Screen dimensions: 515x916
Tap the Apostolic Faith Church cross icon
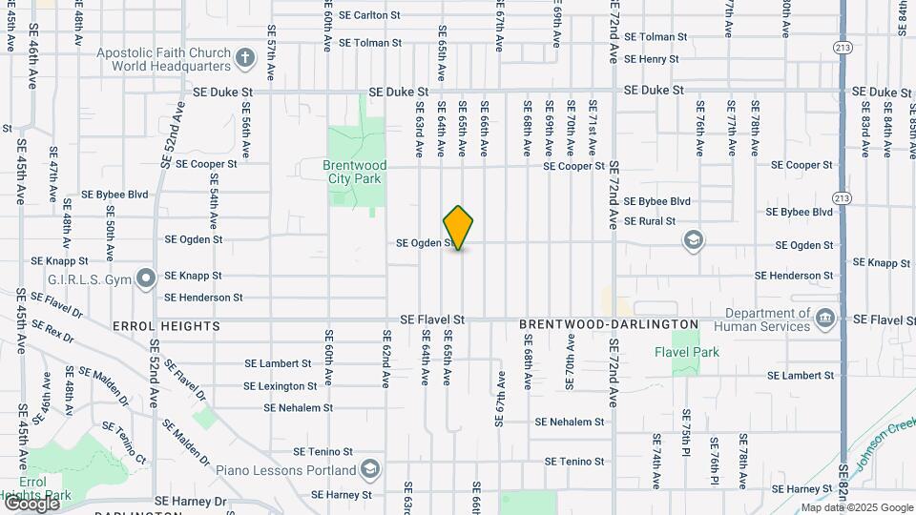pos(245,59)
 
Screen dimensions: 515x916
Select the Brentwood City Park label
pos(354,172)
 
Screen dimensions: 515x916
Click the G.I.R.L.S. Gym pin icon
pos(146,278)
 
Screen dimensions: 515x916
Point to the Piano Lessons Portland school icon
pos(369,469)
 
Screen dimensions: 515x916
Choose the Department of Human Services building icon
pos(825,319)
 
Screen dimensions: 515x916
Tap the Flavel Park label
pos(686,352)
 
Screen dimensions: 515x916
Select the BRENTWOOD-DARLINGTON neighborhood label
pos(609,325)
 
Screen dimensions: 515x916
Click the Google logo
pos(31,503)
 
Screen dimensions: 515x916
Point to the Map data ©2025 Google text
pos(857,507)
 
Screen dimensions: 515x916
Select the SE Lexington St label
pos(280,386)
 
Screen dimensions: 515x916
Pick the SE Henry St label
pos(651,59)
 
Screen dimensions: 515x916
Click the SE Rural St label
pos(649,221)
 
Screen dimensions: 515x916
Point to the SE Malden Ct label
pos(102,387)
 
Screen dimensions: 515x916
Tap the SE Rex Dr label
pos(52,331)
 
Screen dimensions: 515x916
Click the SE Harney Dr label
pos(192,501)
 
